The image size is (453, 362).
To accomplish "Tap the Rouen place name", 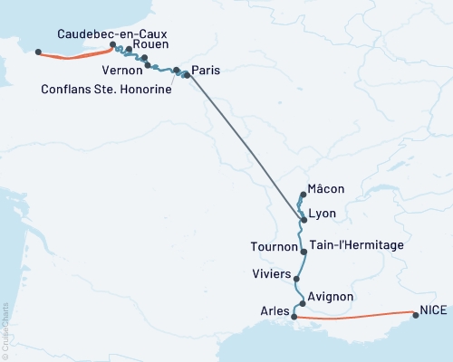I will coord(149,43).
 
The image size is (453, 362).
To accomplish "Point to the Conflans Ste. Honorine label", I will coord(106,89).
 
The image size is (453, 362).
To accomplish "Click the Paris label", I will coord(207,70).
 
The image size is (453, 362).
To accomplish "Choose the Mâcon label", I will coord(328,188).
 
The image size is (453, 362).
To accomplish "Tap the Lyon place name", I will coord(323,214).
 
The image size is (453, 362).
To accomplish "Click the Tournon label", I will coord(274,246).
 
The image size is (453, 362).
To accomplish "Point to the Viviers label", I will coord(273,272).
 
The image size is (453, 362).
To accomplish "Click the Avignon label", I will coord(331,296).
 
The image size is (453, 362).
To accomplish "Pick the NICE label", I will coord(433,310).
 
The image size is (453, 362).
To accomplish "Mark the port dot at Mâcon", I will coord(304,194).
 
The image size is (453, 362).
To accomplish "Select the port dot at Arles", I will coord(294,316).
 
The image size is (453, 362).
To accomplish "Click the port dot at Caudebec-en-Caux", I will coord(112,44).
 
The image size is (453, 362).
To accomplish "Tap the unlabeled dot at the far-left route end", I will coord(37,52).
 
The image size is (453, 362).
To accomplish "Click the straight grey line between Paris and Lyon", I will coord(245,146).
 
